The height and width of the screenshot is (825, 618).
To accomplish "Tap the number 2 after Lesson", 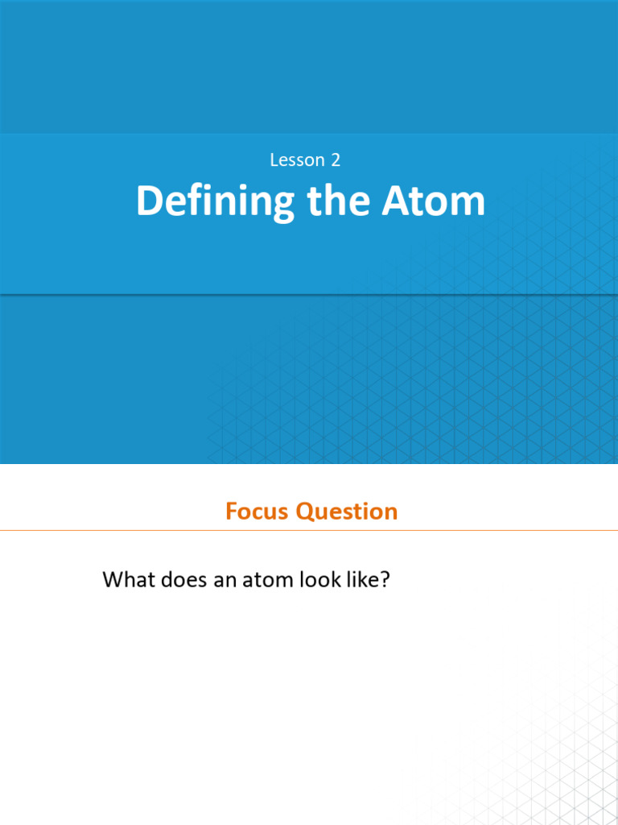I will click(x=336, y=160).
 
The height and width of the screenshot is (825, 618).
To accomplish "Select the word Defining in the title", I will click(x=215, y=201).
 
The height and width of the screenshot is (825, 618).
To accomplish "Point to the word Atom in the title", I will click(x=434, y=201).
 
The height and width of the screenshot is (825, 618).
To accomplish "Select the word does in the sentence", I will click(x=184, y=580).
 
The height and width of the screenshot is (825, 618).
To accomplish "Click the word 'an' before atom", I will click(x=225, y=580).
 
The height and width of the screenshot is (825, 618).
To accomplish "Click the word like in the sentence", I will click(x=361, y=580).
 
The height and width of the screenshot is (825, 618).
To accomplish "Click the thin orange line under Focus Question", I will click(x=309, y=531).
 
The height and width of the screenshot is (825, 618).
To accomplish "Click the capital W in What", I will click(x=113, y=580).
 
